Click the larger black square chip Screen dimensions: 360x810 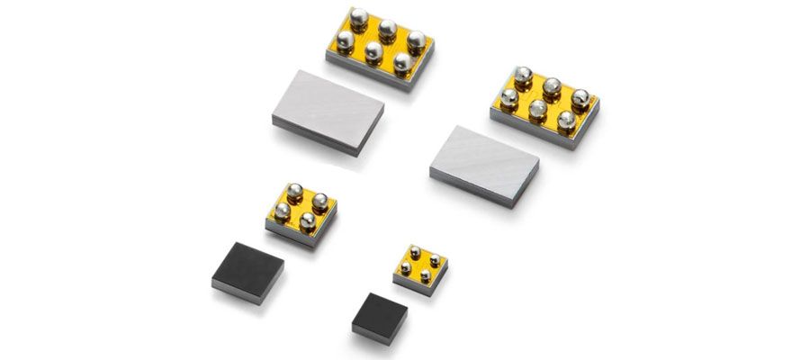click(247, 271)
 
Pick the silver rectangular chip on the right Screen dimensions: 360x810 click(484, 165)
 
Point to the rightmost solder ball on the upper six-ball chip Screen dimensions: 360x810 click(416, 40)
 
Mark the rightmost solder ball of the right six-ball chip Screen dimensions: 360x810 click(580, 98)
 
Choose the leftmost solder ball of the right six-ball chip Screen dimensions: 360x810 click(508, 97)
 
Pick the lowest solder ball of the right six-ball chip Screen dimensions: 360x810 click(566, 120)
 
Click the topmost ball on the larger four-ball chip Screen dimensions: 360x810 click(294, 191)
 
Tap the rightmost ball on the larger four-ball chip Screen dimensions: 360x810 click(319, 202)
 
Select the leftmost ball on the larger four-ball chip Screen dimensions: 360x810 click(282, 211)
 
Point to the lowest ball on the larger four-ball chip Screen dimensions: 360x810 click(308, 221)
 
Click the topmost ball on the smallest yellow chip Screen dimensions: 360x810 click(415, 252)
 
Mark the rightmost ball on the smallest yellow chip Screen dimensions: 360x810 click(435, 261)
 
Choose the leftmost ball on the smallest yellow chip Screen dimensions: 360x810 click(406, 267)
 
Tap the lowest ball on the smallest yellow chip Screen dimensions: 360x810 click(425, 276)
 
